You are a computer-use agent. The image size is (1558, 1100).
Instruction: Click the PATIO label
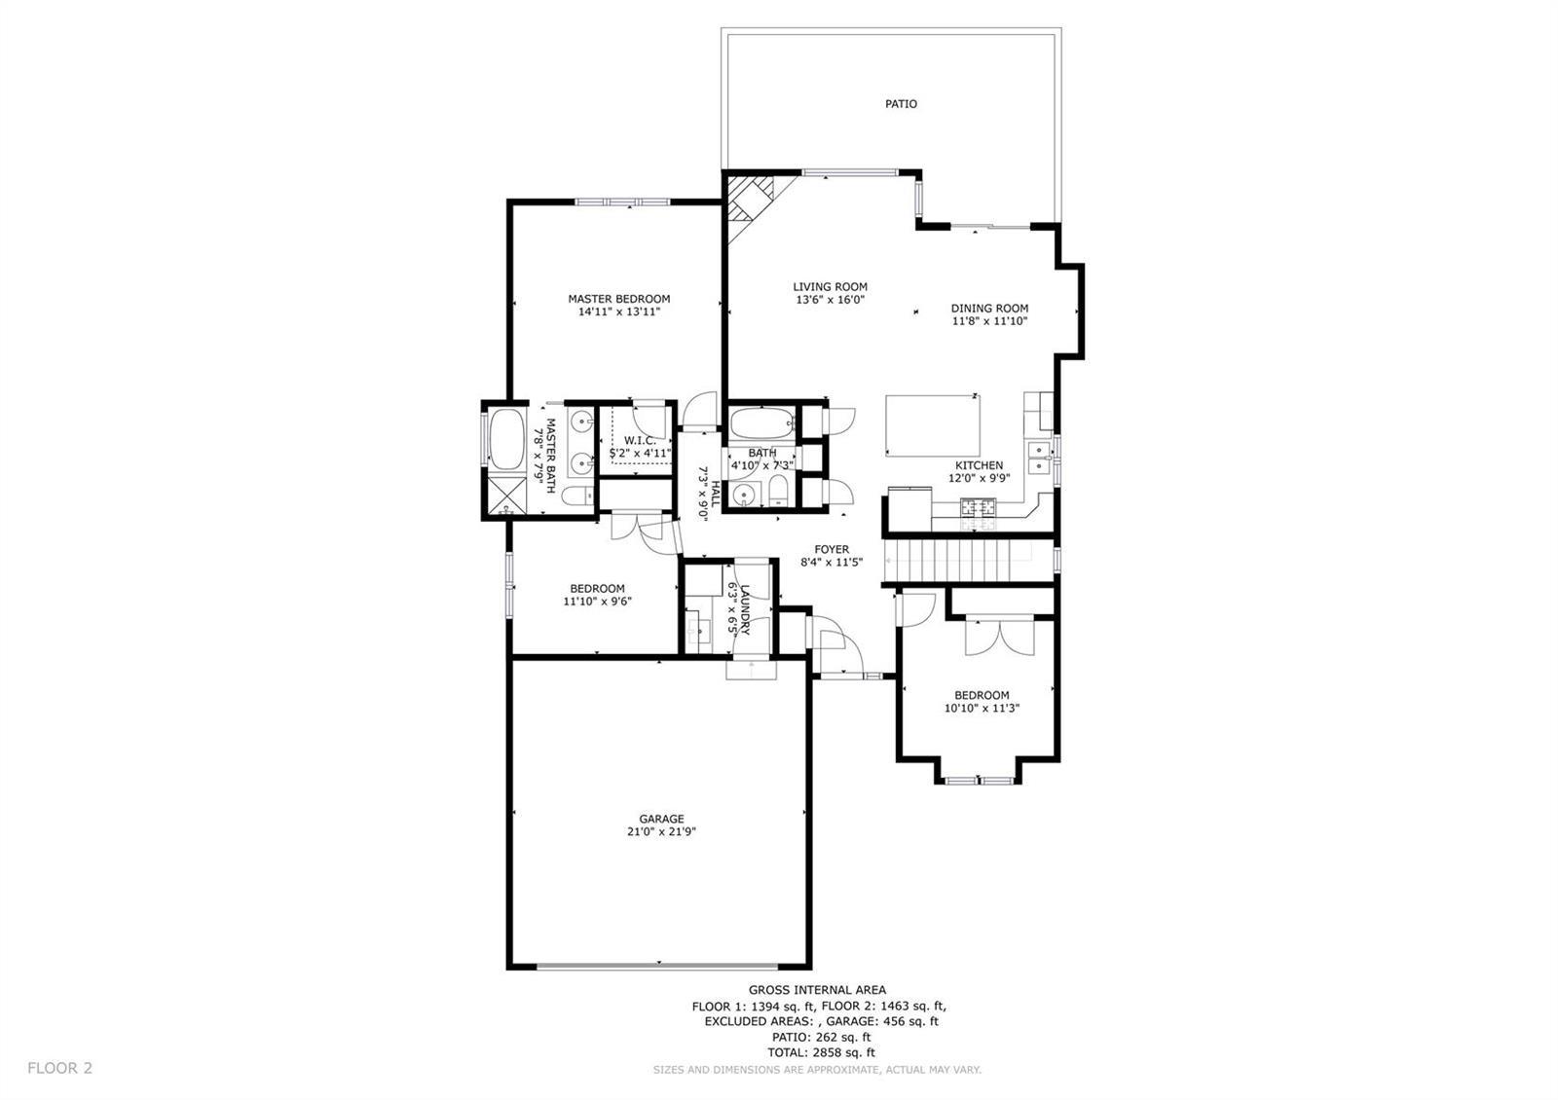901,103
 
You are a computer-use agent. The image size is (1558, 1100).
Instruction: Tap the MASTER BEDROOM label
619,299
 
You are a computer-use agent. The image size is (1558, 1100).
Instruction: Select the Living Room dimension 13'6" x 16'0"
831,300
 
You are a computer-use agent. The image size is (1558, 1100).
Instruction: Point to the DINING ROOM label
989,308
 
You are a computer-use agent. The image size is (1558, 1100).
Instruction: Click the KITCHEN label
980,465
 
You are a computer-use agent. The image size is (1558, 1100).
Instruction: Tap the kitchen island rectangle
933,424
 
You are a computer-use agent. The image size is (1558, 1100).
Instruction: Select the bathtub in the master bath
506,439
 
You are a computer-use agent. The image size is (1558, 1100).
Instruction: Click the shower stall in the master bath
507,495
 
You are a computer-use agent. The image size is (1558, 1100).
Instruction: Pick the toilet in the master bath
578,495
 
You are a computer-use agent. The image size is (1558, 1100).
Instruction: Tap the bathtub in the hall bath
762,423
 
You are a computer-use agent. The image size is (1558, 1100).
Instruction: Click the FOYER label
832,549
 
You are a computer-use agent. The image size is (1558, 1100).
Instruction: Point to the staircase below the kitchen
968,560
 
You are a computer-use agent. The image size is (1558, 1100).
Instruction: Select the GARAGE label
661,819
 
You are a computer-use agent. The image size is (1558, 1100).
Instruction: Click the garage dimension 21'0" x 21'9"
661,831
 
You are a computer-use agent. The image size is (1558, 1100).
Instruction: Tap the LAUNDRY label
745,609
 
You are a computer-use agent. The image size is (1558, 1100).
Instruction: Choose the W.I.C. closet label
640,440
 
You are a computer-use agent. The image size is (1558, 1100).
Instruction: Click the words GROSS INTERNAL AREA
817,989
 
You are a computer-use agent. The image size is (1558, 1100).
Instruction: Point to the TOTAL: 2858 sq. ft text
822,1052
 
